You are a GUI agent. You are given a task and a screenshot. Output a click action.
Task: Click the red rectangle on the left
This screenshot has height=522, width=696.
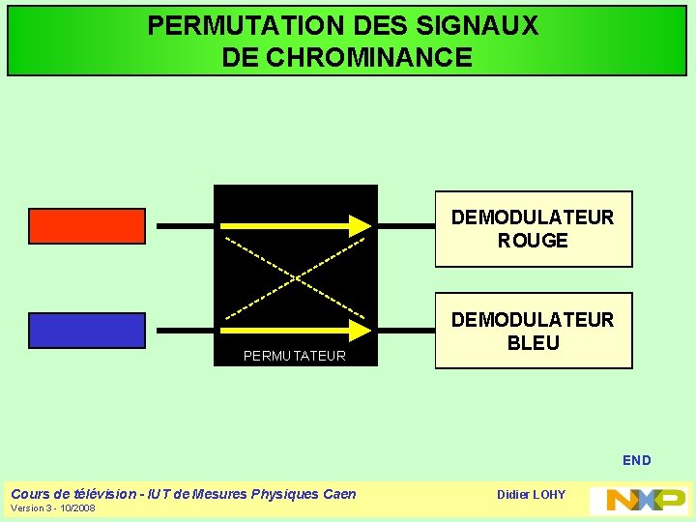pos(87,225)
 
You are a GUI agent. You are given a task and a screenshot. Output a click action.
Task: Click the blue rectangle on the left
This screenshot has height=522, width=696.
pos(87,330)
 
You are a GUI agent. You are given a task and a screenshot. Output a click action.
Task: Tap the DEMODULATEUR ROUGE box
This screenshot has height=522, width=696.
pos(533,229)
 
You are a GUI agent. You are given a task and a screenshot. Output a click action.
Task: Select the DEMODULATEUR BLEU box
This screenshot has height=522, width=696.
pos(533,331)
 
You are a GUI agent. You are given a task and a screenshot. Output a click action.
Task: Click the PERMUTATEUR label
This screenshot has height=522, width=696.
pos(294,356)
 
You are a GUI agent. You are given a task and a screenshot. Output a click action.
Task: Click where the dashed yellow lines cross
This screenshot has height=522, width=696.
pos(294,277)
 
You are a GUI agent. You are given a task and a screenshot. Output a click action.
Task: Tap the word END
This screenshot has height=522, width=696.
pos(637,460)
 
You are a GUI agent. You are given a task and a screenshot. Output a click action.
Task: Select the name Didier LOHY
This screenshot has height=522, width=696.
pos(531,495)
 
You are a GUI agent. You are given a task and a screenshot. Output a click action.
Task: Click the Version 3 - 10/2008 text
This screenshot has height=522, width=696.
pos(53,508)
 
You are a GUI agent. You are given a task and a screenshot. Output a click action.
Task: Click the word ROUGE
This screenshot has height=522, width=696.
pos(533,241)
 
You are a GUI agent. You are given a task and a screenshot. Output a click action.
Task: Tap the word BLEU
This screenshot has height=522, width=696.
pos(533,343)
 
